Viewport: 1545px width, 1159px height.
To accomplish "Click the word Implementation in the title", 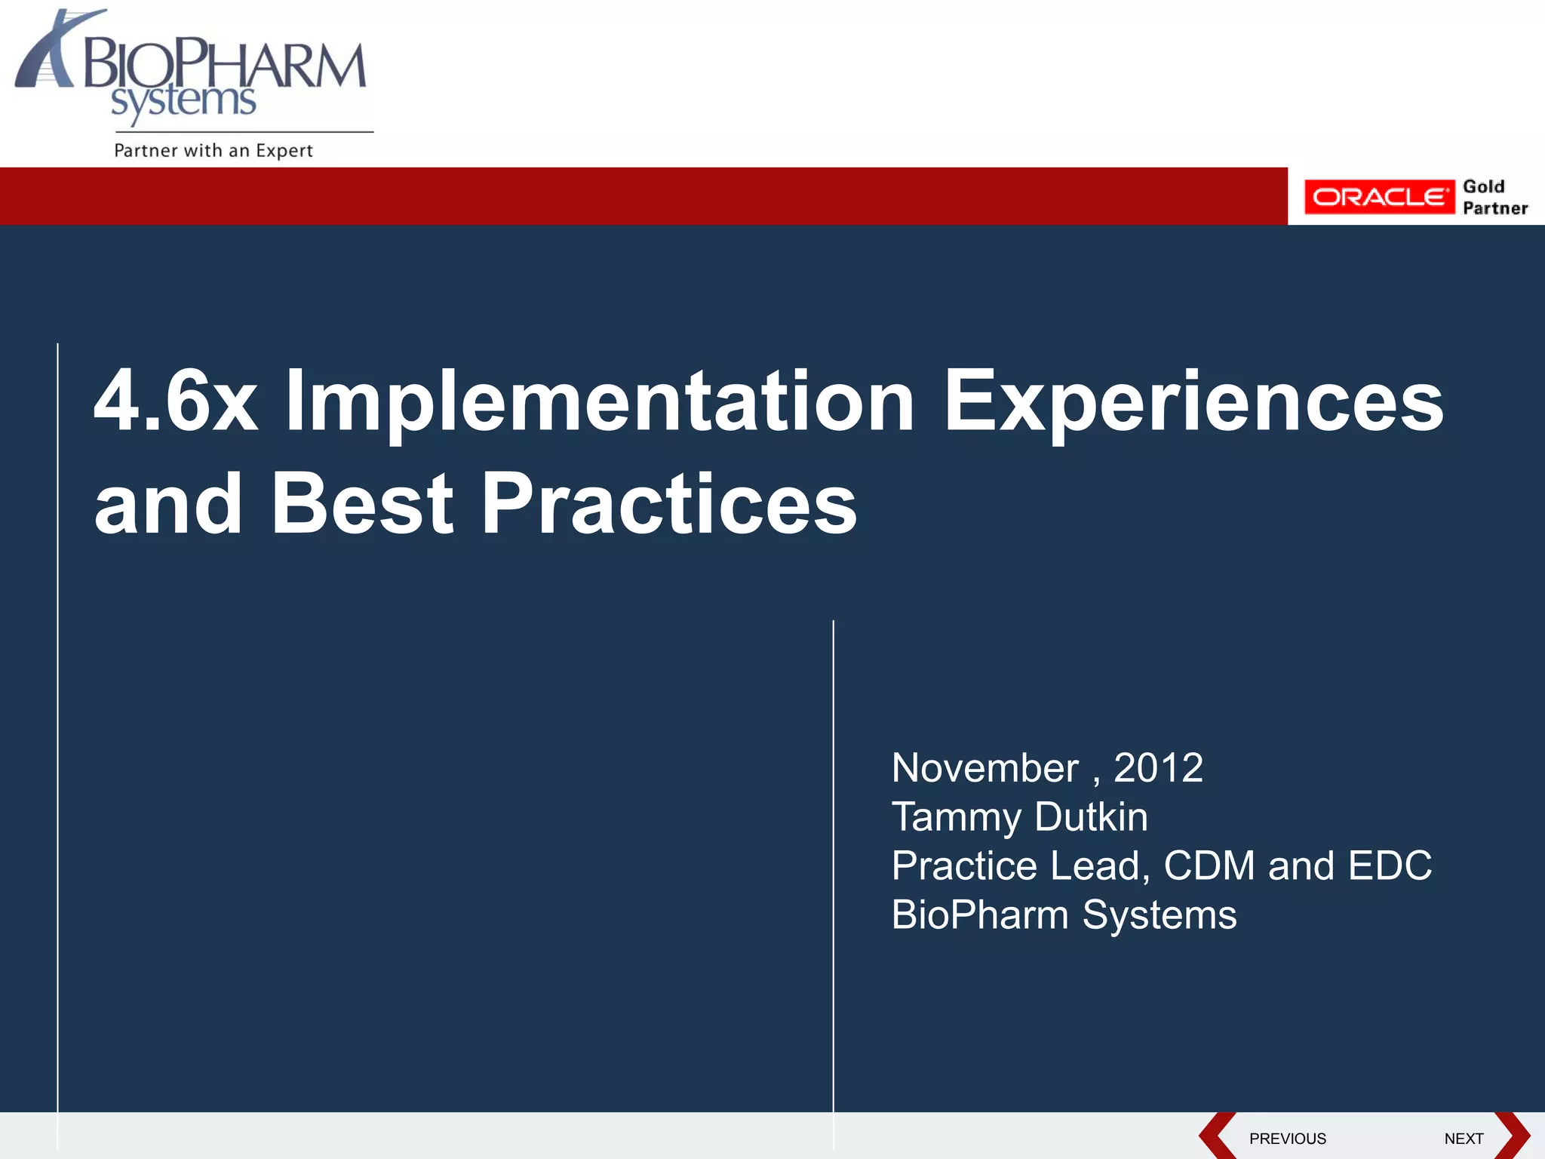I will coord(600,401).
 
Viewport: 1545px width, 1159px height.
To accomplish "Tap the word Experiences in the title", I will coord(1193,401).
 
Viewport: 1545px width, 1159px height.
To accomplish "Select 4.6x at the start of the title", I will coord(175,401).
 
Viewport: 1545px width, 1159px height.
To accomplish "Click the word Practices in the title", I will coord(668,504).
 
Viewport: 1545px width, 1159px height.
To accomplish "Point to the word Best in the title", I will coord(362,504).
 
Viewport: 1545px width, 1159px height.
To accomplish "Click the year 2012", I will coord(1158,768).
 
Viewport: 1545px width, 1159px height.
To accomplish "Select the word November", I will coord(984,768).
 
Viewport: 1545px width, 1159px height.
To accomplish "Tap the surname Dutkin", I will coord(1091,817).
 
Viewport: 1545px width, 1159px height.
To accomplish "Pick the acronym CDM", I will coord(1209,865).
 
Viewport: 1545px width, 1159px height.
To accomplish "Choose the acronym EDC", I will coord(1390,865).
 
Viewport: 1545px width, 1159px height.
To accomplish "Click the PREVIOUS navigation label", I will coord(1287,1139).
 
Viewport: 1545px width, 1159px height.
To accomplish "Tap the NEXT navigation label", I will coord(1464,1139).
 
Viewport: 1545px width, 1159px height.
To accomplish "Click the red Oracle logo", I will coord(1379,197).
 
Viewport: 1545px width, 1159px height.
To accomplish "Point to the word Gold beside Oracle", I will coord(1483,186).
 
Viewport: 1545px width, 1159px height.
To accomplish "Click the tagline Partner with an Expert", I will coord(213,150).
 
